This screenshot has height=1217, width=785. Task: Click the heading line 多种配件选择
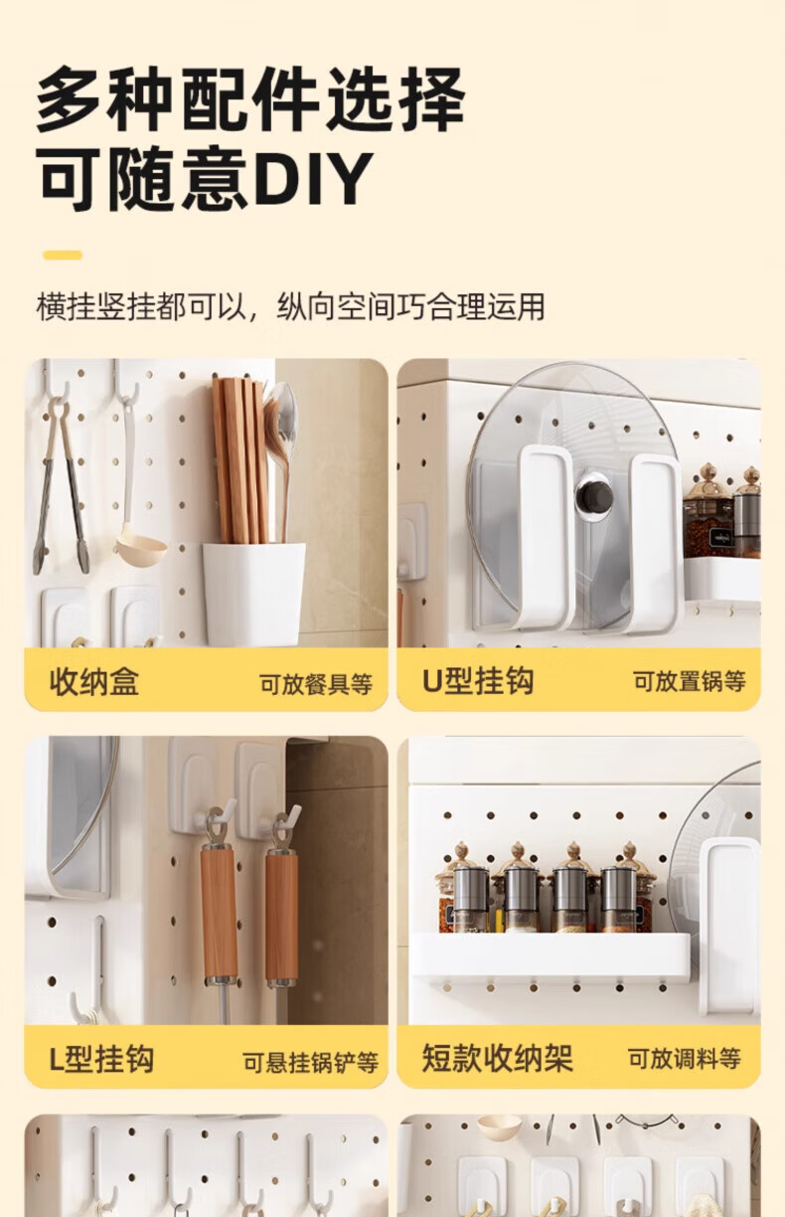250,99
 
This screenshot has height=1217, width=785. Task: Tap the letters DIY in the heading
314,179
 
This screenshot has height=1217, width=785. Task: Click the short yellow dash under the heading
63,255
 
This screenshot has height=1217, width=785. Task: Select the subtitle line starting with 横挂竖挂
290,306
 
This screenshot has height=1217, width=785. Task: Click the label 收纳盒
94,681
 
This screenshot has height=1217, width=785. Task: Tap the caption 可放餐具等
316,683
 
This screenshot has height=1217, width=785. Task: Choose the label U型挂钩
478,680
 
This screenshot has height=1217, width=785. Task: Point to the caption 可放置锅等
690,681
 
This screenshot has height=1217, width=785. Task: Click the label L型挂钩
101,1059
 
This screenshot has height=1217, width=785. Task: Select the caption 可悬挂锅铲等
311,1062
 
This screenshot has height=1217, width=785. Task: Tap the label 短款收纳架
497,1058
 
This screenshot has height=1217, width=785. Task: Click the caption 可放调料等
685,1058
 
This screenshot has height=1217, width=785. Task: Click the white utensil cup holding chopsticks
252,594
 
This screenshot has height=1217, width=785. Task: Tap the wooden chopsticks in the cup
239,460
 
